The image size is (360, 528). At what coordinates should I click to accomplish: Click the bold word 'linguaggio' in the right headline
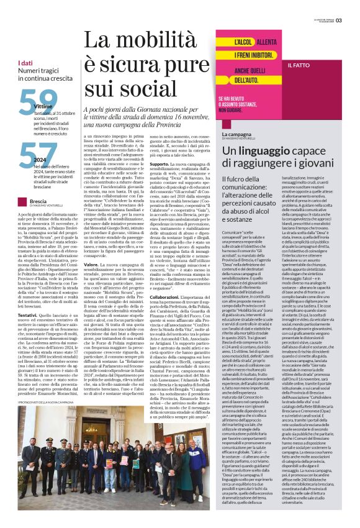pyautogui.click(x=261, y=150)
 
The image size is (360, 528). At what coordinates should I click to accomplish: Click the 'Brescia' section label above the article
pyautogui.click(x=38, y=201)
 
